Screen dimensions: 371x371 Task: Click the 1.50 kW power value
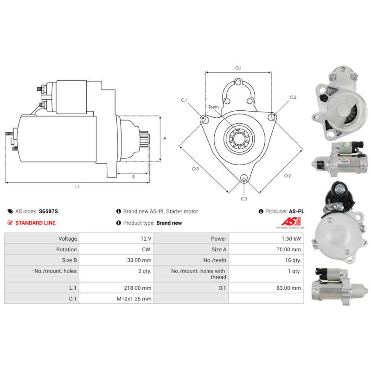click(291, 238)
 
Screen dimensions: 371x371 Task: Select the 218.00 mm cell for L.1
click(137, 288)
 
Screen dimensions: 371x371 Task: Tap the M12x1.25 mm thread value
click(134, 299)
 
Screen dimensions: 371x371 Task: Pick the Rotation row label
click(66, 249)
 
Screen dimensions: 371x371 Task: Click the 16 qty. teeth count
click(293, 260)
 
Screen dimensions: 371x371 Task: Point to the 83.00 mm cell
click(288, 288)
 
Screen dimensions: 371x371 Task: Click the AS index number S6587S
click(48, 211)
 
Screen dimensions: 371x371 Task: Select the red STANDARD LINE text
click(36, 223)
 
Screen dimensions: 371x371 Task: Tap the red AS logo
click(291, 222)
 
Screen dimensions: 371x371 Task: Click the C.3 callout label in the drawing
click(244, 199)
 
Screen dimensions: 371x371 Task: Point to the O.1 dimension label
click(238, 68)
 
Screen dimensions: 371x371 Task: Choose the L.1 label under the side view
click(77, 187)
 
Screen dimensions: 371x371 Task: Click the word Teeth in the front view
click(213, 107)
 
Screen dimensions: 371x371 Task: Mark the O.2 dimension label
click(288, 176)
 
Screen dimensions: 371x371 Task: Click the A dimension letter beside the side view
click(165, 138)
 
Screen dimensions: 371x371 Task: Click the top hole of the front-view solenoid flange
click(238, 83)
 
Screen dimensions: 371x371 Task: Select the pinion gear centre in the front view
click(239, 138)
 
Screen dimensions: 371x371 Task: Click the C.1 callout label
click(184, 100)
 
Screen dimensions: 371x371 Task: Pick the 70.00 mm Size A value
click(288, 249)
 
